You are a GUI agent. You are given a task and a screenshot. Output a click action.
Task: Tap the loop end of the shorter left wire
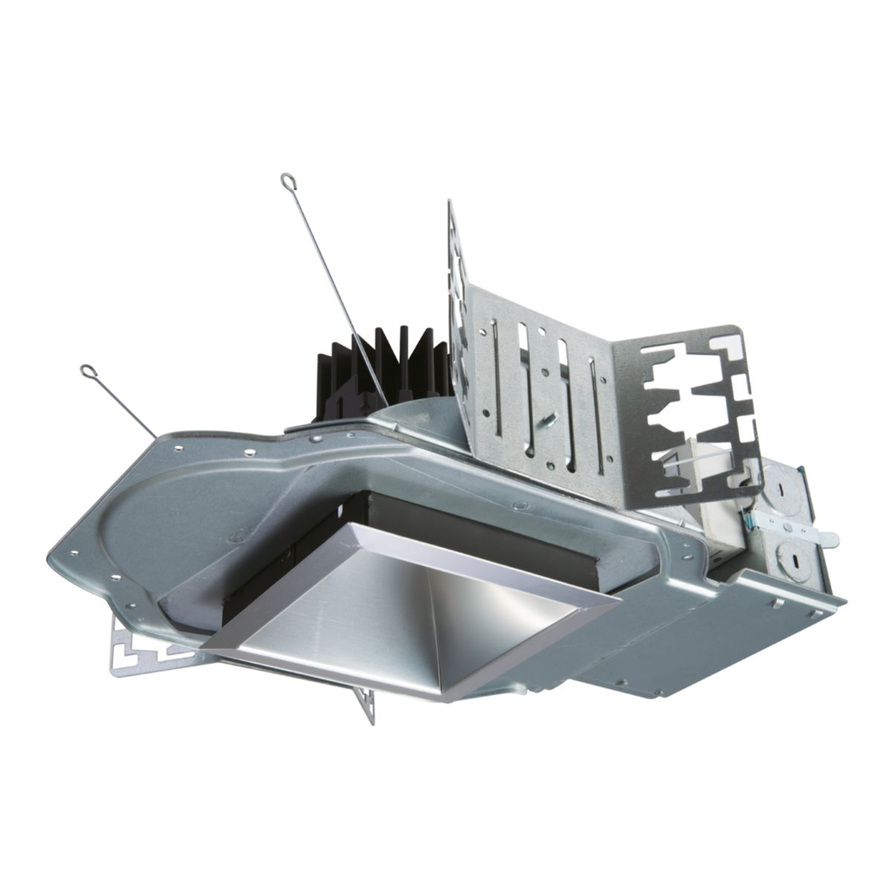[88, 372]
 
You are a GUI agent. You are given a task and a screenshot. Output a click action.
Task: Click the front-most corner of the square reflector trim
[444, 698]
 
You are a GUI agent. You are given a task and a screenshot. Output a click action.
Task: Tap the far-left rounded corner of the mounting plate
[54, 551]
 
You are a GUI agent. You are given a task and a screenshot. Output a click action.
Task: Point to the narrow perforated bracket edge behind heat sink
[457, 287]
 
